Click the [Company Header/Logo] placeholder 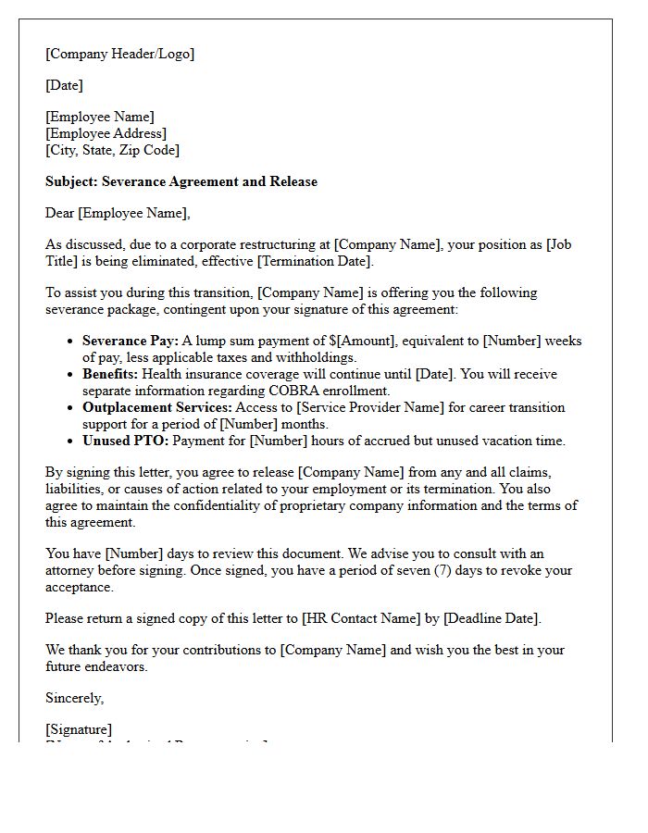click(x=120, y=54)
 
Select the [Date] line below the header click(x=64, y=85)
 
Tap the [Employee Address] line click(x=106, y=133)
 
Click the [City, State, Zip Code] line click(x=112, y=150)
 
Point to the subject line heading click(x=181, y=181)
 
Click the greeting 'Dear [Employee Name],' click(x=118, y=213)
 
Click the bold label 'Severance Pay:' click(x=131, y=341)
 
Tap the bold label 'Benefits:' click(x=110, y=374)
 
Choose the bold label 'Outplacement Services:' click(x=157, y=407)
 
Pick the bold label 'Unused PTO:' click(x=126, y=441)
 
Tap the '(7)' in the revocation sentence click(x=445, y=570)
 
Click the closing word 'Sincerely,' click(x=75, y=698)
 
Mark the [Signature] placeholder click(x=79, y=729)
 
